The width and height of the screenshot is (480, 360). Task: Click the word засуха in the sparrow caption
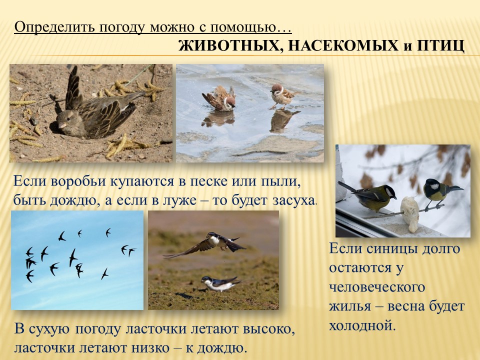[293, 201]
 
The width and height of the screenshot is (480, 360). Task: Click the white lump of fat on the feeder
[409, 213]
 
